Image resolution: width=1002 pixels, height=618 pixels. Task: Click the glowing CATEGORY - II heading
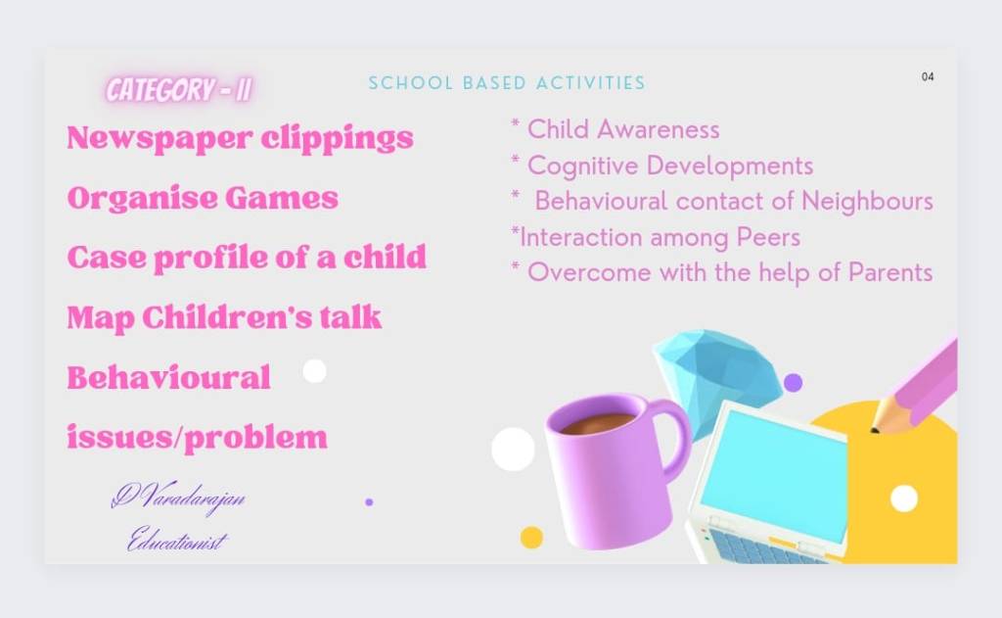pos(178,89)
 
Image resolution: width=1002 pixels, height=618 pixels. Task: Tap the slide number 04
pos(928,76)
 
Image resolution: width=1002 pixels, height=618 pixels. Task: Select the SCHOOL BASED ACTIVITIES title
pos(507,83)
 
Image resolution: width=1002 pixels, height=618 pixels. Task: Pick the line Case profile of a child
pos(247,258)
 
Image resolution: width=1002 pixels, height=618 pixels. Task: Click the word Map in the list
pos(101,318)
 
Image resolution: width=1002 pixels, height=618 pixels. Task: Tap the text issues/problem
pos(197,438)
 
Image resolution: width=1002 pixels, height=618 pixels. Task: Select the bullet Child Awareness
pos(615,129)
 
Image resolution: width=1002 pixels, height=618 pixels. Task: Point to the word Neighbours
pos(867,201)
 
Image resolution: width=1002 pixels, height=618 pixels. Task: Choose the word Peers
pos(768,237)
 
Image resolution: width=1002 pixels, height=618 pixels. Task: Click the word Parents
pos(890,272)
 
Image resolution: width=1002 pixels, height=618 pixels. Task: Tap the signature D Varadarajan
pos(178,496)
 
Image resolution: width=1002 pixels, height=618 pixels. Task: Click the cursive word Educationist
pos(177,540)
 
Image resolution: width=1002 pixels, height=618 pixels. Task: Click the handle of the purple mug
pos(677,435)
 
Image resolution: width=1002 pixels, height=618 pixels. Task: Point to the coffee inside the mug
pos(598,422)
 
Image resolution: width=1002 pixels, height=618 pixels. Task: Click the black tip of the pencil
pos(874,430)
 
